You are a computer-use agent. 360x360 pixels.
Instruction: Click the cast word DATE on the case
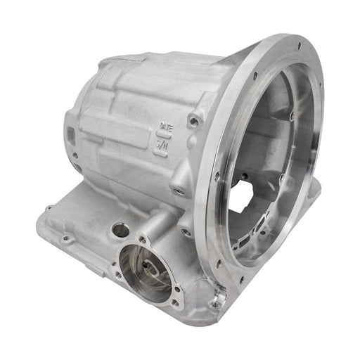tap(164, 127)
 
